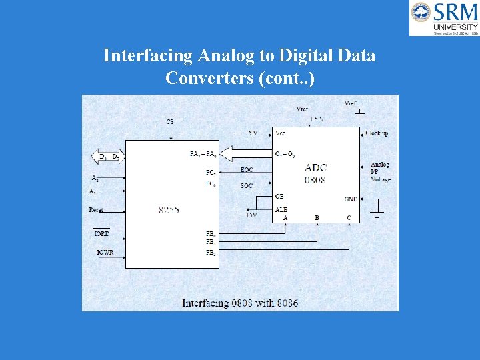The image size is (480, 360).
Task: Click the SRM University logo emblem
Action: tap(421, 13)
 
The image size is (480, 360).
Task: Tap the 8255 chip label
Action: tap(169, 210)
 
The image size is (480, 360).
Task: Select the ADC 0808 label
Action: tap(315, 173)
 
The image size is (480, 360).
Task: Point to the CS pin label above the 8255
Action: tap(170, 121)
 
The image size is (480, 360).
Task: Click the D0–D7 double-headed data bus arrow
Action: tap(107, 157)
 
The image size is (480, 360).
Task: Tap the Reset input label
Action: tap(96, 210)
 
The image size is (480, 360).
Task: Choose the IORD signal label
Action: tap(101, 234)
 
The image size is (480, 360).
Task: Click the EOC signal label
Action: tap(247, 170)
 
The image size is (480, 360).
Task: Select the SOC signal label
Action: tap(247, 185)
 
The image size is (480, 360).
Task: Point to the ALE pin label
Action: tap(281, 209)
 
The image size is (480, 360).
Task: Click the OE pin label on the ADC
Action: tap(279, 197)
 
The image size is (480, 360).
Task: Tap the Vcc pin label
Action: tap(280, 133)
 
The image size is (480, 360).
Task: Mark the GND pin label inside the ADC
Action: tap(351, 199)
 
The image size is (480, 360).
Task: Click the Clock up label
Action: tap(377, 133)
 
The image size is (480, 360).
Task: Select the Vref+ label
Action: tap(304, 109)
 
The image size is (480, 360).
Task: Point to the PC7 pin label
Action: tap(210, 172)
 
